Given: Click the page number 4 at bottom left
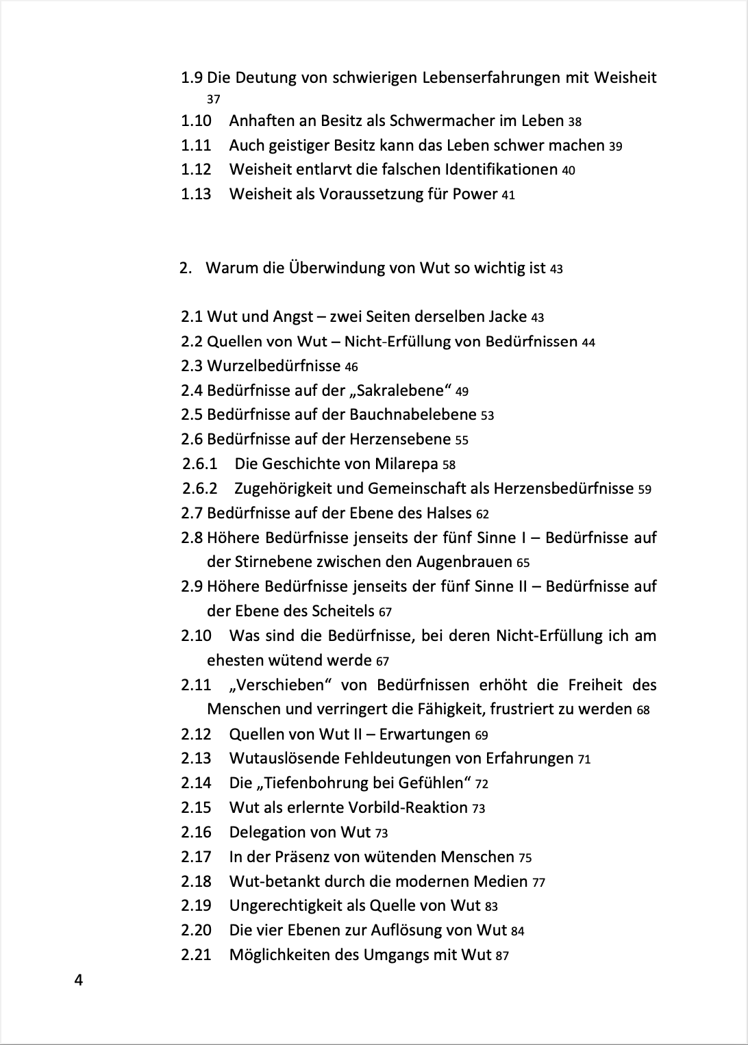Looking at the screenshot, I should click(x=78, y=981).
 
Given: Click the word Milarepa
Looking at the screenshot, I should click(x=406, y=464).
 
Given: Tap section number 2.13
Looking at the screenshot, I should click(x=196, y=758).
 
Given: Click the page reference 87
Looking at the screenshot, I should click(x=502, y=955).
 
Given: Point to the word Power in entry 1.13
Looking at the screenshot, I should click(x=475, y=194).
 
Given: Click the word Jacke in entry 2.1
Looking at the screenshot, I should click(x=508, y=316).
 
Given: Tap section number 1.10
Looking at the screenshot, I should click(x=196, y=121).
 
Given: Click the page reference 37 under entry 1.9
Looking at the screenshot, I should click(x=214, y=99).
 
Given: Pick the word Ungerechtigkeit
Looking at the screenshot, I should click(x=286, y=905).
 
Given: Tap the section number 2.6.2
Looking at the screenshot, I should click(x=200, y=488).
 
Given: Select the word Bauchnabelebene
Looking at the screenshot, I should click(x=413, y=414).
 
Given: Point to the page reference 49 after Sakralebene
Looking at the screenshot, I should click(x=462, y=392).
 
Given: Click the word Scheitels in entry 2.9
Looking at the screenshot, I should click(x=342, y=611).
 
